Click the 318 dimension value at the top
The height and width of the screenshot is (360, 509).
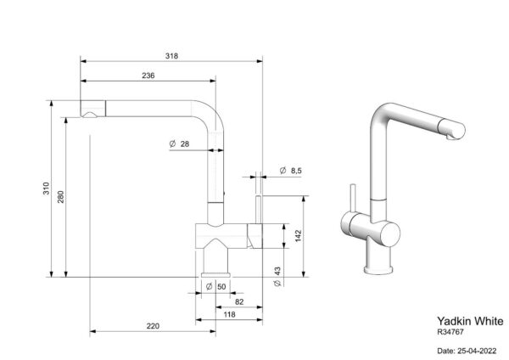click(171, 56)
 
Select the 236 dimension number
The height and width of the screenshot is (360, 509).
click(148, 76)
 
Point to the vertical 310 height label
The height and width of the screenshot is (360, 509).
click(47, 188)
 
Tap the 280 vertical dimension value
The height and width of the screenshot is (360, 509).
click(61, 197)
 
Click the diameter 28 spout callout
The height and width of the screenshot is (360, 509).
click(179, 143)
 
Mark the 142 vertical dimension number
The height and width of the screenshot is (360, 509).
click(299, 236)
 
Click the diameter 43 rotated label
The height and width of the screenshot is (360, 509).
click(277, 277)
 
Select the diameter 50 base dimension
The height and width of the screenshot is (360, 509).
click(215, 287)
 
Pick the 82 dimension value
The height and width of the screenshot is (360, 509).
click(239, 302)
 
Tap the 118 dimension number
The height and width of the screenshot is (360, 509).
click(230, 314)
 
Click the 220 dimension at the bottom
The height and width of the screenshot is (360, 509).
click(153, 326)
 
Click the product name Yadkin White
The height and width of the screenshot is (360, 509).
click(470, 321)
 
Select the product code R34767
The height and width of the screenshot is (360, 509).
click(450, 332)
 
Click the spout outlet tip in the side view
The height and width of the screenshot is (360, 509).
click(88, 115)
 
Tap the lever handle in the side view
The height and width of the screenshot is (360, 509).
click(259, 210)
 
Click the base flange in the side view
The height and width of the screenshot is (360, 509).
click(215, 275)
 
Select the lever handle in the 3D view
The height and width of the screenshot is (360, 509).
click(353, 198)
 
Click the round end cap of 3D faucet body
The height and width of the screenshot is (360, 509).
click(390, 234)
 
